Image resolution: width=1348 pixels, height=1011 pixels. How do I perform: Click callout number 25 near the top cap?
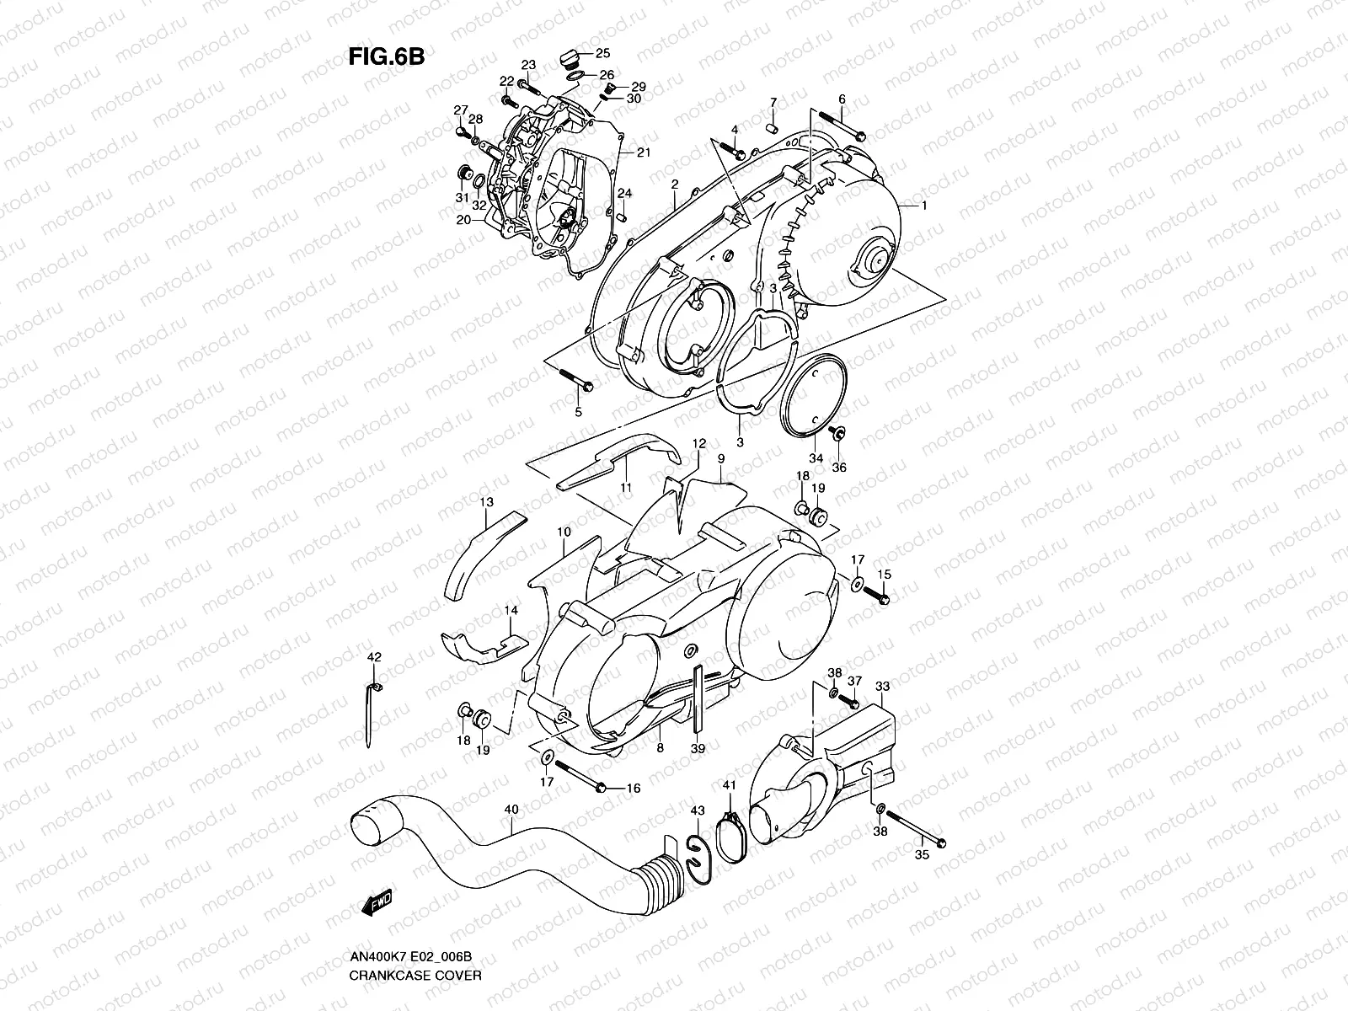[603, 53]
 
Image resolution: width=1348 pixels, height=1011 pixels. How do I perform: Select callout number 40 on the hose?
[511, 809]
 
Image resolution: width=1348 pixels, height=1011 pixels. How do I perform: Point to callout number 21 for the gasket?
[645, 152]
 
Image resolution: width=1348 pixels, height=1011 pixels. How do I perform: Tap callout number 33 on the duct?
[882, 687]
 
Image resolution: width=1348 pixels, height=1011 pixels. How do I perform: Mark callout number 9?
[721, 458]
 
